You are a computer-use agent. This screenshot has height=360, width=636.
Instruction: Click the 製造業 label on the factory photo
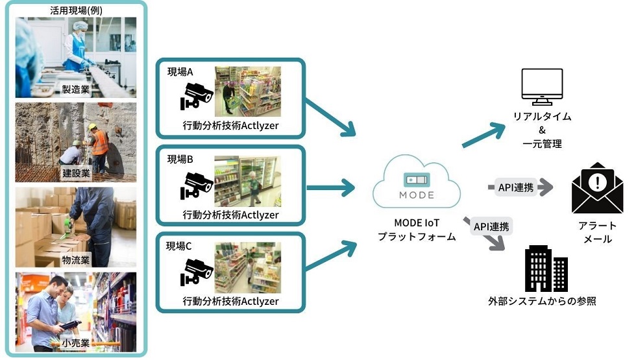tap(76, 90)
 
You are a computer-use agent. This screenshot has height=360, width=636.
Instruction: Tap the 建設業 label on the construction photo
tap(76, 174)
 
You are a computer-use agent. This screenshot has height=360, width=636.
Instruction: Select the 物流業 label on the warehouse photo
tap(76, 260)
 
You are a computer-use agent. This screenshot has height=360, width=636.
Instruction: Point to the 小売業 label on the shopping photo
tap(76, 343)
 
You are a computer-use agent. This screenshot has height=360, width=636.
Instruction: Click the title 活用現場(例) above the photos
tap(77, 10)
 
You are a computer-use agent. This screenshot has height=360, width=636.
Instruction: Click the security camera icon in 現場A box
tap(196, 96)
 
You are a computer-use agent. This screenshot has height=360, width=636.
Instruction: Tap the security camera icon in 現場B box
tap(196, 186)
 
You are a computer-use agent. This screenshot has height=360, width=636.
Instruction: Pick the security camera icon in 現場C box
tap(196, 272)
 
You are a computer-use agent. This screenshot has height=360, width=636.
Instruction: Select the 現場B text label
tap(180, 160)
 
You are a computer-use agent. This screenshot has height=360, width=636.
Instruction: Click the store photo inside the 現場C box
tap(248, 267)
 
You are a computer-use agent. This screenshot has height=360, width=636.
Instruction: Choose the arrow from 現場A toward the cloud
tap(330, 117)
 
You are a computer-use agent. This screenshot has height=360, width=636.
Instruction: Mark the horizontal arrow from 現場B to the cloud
tap(331, 187)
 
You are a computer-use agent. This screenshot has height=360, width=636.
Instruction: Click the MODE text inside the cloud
tap(417, 195)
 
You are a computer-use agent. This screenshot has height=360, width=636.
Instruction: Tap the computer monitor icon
tap(542, 87)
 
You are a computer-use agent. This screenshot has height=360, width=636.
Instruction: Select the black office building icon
tap(546, 269)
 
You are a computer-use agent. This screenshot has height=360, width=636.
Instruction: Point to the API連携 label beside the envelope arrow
tap(515, 187)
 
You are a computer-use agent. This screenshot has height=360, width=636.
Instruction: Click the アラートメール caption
tap(598, 232)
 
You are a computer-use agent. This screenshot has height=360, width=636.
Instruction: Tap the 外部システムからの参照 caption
tap(543, 301)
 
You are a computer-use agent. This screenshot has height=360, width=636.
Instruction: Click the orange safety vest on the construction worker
tap(100, 143)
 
